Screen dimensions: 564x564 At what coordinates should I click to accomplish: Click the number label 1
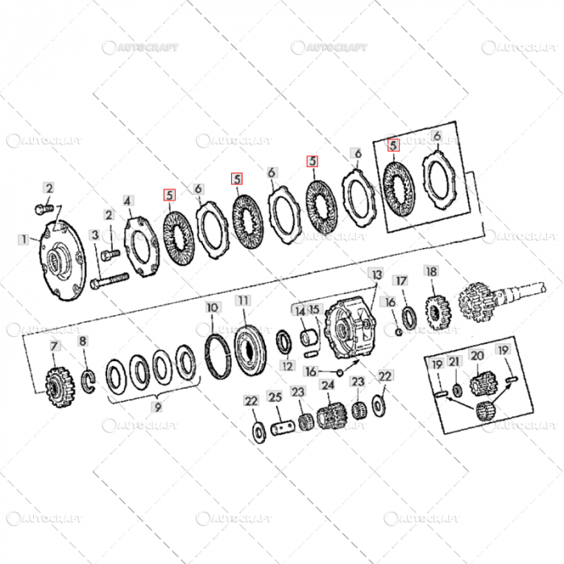coord(23,239)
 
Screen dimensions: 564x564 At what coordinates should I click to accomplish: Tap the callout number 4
coord(127,201)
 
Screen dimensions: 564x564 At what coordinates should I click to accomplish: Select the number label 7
coord(55,347)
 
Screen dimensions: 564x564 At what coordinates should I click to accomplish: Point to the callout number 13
coord(375,275)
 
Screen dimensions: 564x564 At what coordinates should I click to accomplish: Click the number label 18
coord(431,272)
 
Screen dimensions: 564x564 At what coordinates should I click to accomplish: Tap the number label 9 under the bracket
coord(158,407)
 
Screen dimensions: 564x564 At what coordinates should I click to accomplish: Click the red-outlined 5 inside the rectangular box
coord(393,146)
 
